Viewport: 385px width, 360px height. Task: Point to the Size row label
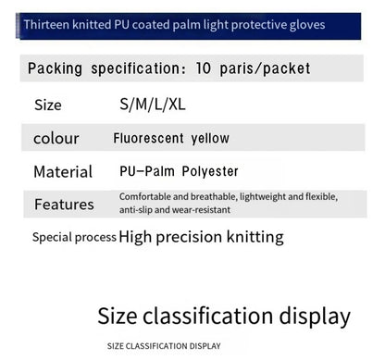47,105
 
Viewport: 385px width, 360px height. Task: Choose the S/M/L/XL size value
152,105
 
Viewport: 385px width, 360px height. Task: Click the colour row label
56,139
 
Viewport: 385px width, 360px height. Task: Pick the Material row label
63,172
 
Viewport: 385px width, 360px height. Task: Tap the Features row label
64,205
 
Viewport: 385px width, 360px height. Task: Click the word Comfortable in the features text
143,196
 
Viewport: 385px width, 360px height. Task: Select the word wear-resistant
199,209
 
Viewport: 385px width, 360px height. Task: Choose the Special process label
74,237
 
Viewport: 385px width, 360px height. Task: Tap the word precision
189,237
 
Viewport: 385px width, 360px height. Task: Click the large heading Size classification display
224,317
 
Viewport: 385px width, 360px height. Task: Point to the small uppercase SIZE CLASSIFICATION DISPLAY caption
164,346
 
